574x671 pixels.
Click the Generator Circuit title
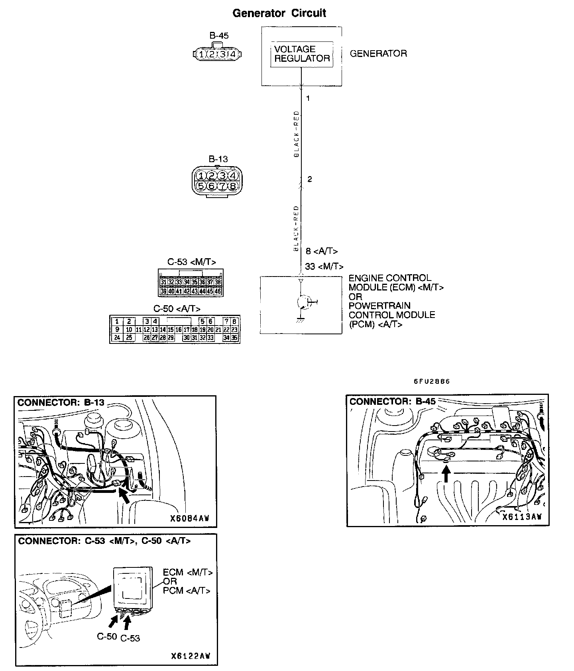[279, 13]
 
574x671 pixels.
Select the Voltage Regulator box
[302, 54]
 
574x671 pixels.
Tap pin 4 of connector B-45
[233, 54]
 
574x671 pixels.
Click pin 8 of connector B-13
[233, 186]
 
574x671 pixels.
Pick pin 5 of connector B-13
[201, 186]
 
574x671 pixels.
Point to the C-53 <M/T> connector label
[192, 262]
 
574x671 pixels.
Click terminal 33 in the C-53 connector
[179, 282]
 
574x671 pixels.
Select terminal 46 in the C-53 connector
[218, 291]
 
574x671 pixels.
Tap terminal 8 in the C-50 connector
[234, 321]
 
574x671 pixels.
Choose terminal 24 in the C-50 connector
[117, 337]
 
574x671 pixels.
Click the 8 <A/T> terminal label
[322, 251]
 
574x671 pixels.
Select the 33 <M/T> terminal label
[324, 266]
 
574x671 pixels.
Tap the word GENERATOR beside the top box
[378, 53]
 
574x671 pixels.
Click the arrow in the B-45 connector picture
[447, 474]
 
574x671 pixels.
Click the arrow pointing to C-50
[114, 622]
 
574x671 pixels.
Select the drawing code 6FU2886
[431, 381]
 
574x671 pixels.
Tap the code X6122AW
[191, 656]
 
